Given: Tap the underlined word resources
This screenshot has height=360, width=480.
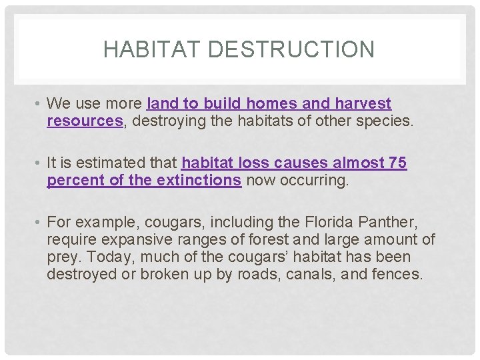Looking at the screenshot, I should [x=85, y=121].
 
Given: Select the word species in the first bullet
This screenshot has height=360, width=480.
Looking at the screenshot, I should [x=388, y=121].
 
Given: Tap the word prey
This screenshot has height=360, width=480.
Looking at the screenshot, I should [x=62, y=257].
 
